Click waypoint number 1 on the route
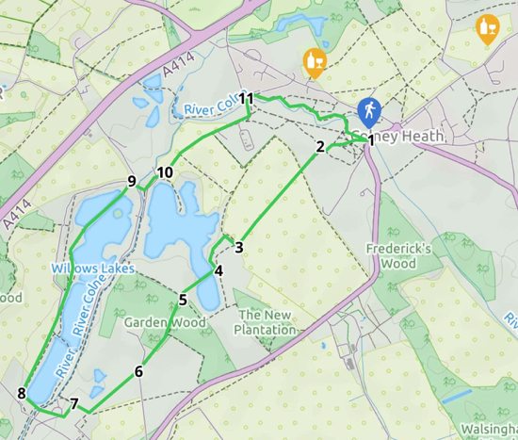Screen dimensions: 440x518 (370, 141)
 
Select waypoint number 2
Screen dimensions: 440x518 (320, 146)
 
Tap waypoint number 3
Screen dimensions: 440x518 (239, 248)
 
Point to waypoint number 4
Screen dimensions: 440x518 (219, 271)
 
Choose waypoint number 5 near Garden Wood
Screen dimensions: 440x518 (182, 301)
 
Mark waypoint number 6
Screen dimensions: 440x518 (138, 371)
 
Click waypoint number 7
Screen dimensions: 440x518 (73, 404)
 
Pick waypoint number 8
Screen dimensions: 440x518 (22, 394)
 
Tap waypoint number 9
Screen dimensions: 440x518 (132, 182)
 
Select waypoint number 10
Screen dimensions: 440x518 (165, 172)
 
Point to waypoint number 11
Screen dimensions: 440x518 (247, 99)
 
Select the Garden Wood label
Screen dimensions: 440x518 (165, 322)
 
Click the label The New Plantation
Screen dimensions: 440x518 (267, 323)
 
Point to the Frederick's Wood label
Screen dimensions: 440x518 (399, 256)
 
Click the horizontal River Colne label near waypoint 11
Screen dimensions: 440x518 (209, 110)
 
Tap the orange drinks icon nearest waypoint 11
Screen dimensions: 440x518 (316, 63)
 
